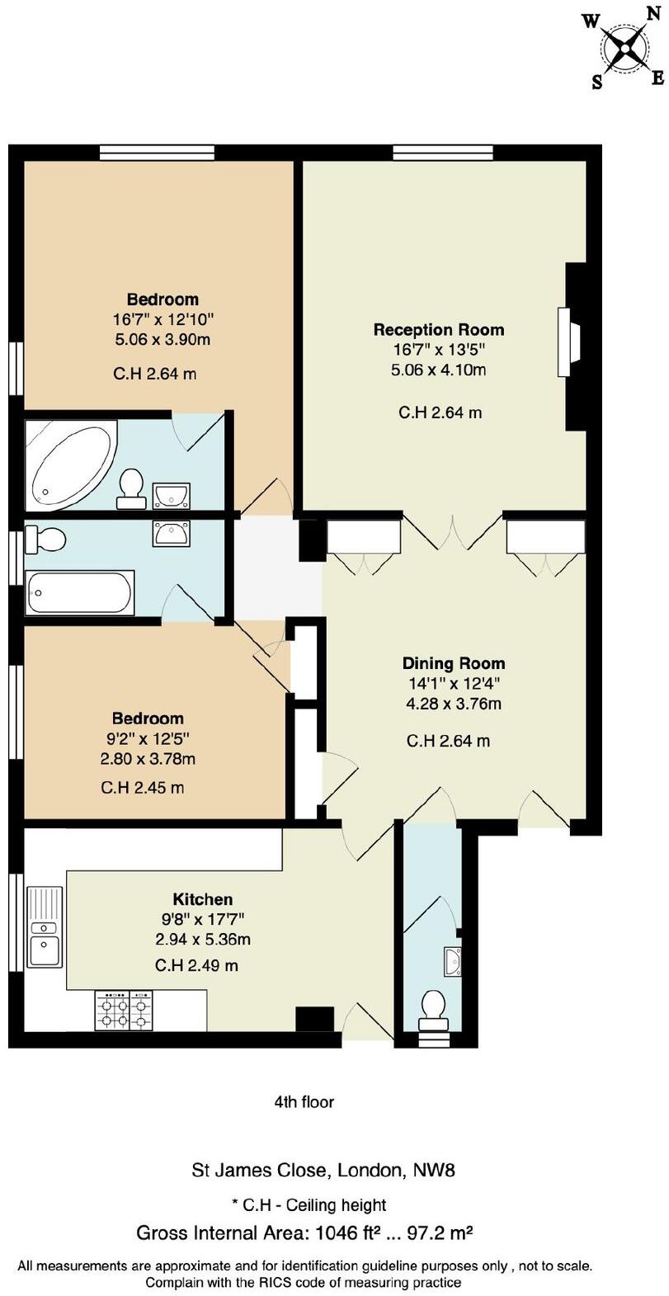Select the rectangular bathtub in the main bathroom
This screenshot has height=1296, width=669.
point(80,592)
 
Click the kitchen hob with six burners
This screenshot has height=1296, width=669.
point(125,1010)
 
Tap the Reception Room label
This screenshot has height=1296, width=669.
point(438,329)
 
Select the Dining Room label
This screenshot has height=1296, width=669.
point(453,662)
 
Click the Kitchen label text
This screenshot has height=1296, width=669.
point(202,899)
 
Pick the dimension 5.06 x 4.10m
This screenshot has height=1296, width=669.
point(438,370)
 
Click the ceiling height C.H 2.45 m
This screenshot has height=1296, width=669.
point(142,788)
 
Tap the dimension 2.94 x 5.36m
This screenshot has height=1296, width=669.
point(202,939)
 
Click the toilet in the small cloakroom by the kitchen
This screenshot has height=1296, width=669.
point(433,1011)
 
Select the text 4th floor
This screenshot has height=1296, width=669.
point(304,1101)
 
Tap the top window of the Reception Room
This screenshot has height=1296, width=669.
point(443,153)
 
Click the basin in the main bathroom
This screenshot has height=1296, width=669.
point(171,532)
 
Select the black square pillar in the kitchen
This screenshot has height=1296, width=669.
point(314,1019)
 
